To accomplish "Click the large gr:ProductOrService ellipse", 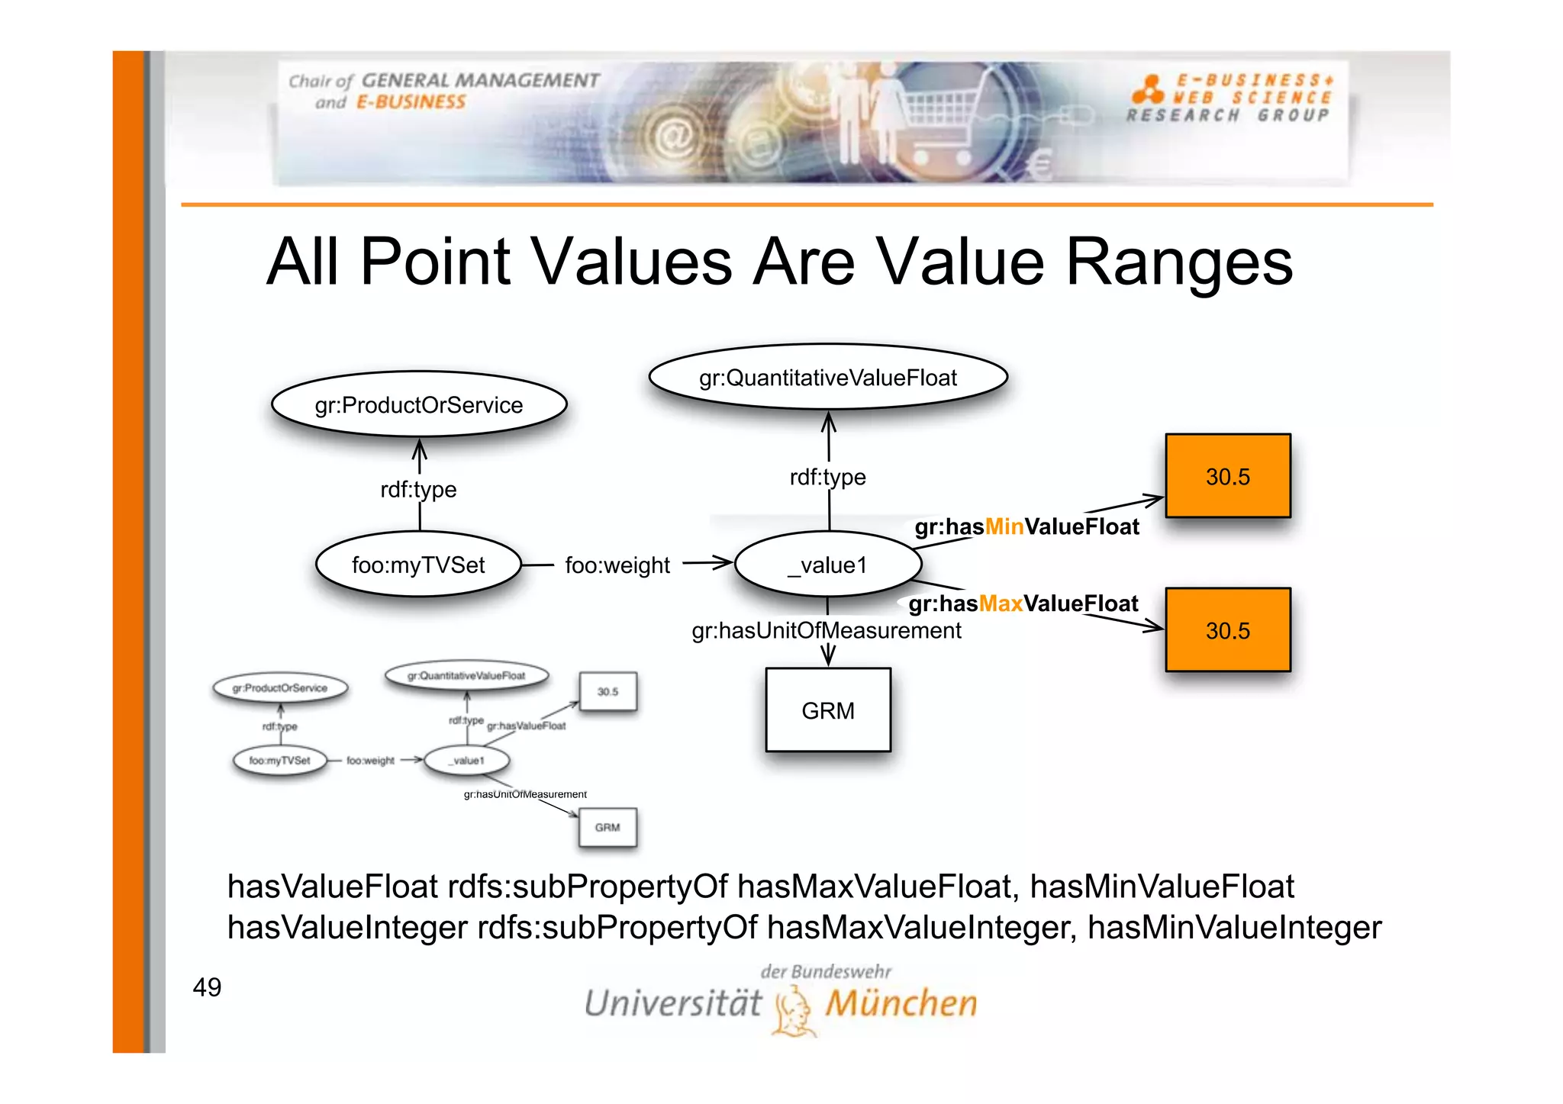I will [419, 404].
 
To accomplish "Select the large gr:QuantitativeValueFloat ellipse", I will [827, 377].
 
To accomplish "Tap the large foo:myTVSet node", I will [418, 565].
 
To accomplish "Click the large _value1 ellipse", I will [828, 565].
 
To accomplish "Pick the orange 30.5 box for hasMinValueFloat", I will [1227, 476].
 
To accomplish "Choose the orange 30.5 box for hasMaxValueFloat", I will [1227, 630].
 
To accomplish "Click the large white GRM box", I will [828, 710].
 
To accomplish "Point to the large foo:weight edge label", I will [617, 565].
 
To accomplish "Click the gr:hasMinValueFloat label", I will [1026, 526].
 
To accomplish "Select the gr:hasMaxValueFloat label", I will [1023, 603].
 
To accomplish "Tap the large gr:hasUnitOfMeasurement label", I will [826, 630].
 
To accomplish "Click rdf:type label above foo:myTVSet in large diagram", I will [418, 489].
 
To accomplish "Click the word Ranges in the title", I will [1178, 262].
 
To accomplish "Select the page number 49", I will [207, 987].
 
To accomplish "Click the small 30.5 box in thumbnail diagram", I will [607, 691].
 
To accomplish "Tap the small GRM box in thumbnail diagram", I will [607, 827].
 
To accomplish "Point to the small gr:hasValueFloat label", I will [526, 726].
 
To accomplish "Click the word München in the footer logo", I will [901, 1003].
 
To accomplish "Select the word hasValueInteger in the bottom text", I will [347, 928].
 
